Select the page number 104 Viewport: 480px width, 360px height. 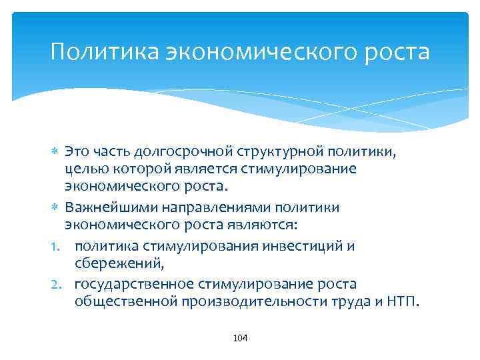tap(240, 339)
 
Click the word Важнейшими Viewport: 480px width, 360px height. tap(104, 207)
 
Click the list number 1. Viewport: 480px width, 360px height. tap(56, 246)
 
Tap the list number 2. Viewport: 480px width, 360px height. tap(57, 284)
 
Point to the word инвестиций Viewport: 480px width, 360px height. tap(302, 246)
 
